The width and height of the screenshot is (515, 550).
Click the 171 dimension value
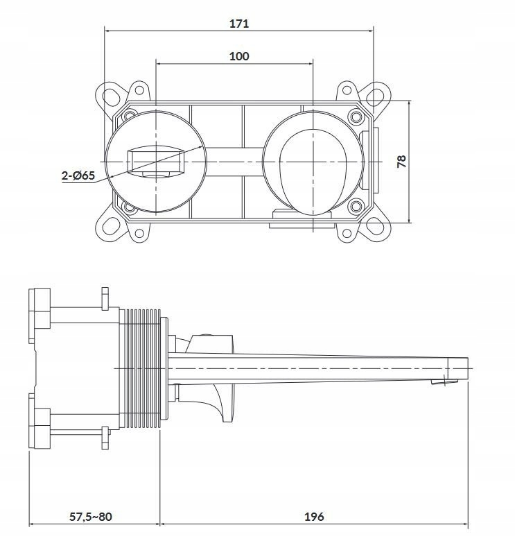pyautogui.click(x=239, y=24)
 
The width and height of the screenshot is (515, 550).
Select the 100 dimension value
pyautogui.click(x=239, y=56)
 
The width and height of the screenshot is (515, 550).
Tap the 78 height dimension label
pyautogui.click(x=401, y=162)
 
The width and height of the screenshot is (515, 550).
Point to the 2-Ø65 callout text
pyautogui.click(x=78, y=175)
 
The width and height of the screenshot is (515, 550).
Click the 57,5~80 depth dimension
pyautogui.click(x=90, y=516)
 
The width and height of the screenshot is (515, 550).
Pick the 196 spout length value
pyautogui.click(x=314, y=516)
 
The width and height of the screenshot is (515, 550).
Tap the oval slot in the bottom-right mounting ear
pyautogui.click(x=375, y=225)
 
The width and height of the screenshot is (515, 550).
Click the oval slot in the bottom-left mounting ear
pyautogui.click(x=111, y=225)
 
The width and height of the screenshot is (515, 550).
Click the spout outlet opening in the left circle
pyautogui.click(x=156, y=175)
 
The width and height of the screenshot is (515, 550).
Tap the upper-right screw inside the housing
pyautogui.click(x=356, y=116)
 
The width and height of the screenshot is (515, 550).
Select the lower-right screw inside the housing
pyautogui.click(x=356, y=206)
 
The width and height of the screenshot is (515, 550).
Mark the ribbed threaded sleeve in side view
pyautogui.click(x=140, y=368)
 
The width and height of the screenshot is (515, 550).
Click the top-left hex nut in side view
pyautogui.click(x=40, y=309)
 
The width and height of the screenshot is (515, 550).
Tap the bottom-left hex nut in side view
pyautogui.click(x=40, y=428)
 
